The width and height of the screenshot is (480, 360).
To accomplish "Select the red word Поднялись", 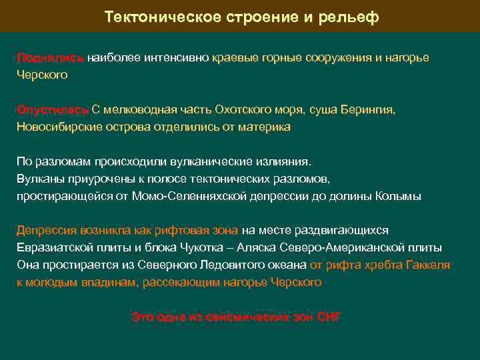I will click(51, 58).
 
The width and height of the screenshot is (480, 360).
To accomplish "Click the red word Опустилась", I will click(52, 110).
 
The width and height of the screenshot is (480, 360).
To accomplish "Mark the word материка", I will click(265, 127).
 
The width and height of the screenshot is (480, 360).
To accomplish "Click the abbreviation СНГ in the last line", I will click(327, 317).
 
